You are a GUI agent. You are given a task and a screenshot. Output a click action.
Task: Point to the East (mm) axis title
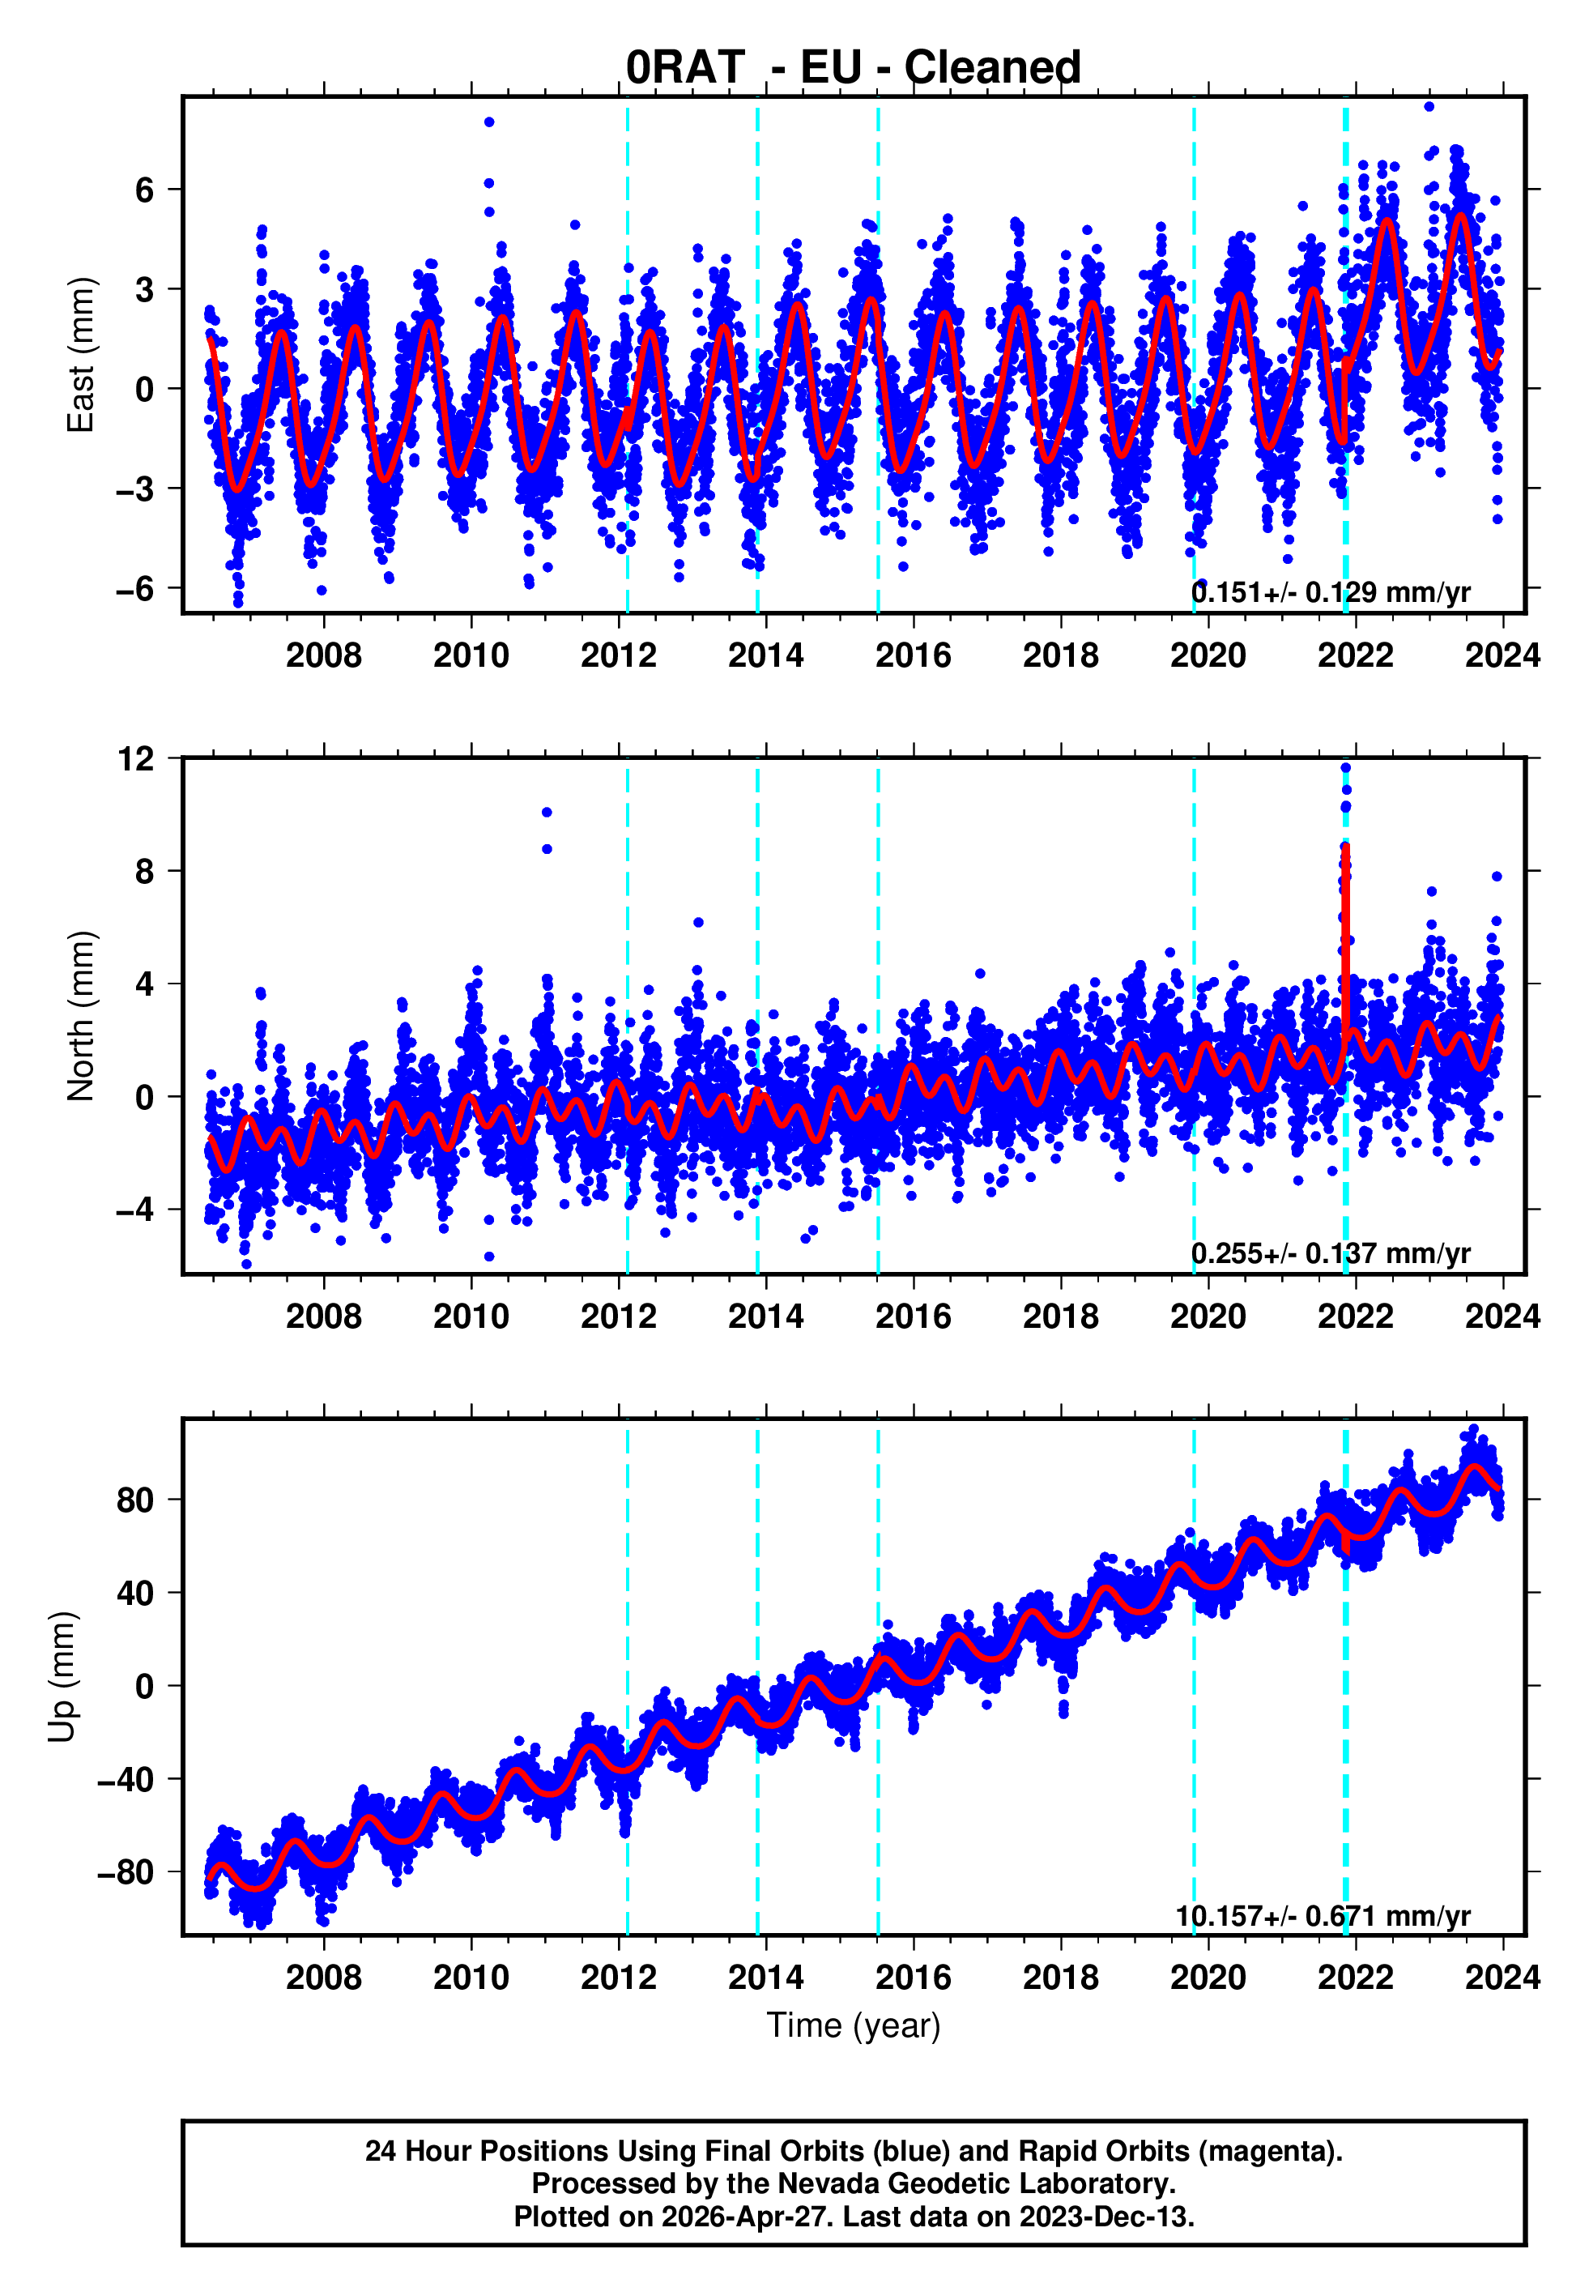coord(81,355)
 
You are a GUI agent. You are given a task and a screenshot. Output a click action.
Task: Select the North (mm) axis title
coord(81,1017)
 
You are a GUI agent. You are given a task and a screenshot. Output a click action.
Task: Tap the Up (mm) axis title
coord(62,1677)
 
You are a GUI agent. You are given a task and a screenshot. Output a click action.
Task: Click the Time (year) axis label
coord(854,2025)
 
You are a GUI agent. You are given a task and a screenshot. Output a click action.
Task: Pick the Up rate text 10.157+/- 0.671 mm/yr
coord(1323,1916)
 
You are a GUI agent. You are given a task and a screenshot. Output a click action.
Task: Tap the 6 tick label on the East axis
coord(145,190)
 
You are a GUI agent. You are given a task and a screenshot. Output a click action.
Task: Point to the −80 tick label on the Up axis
coord(126,1873)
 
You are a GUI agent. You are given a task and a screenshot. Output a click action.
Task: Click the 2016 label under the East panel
coord(913,655)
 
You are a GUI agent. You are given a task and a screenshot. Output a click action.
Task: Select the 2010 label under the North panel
coord(471,1317)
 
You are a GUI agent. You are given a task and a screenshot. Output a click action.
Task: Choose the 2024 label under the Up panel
coord(1502,1978)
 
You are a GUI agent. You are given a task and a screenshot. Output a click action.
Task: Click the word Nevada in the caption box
coord(822,2183)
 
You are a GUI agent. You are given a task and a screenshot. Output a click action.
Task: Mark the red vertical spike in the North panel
coord(1346,936)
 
